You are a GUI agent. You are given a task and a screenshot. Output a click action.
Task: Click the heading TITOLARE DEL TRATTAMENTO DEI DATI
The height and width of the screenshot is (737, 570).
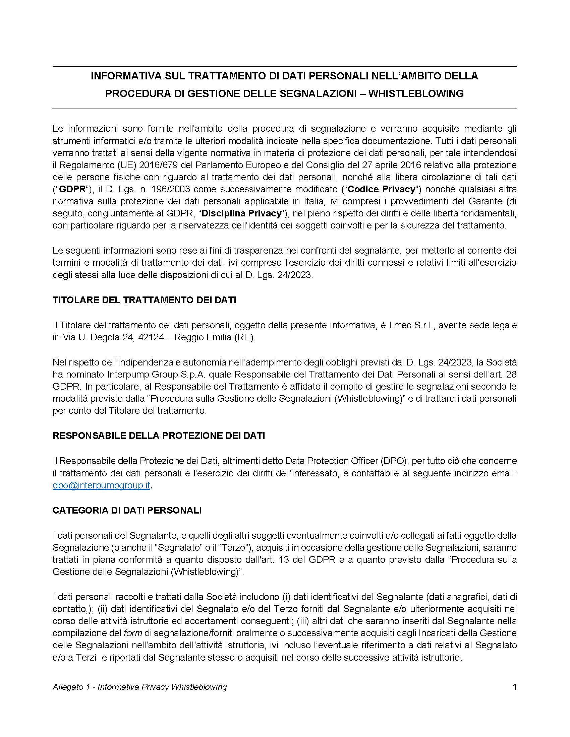(144, 300)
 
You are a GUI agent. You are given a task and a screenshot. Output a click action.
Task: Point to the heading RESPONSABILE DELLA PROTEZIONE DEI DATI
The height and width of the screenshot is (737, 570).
(159, 435)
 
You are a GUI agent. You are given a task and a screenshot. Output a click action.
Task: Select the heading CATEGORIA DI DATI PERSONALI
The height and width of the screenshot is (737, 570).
(127, 510)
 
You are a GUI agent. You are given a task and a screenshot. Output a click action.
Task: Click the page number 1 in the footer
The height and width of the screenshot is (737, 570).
(515, 687)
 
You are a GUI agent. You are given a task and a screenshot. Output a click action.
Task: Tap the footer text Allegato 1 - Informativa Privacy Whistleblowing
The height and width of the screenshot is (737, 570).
(139, 687)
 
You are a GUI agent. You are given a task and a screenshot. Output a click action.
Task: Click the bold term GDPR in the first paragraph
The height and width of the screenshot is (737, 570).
(73, 189)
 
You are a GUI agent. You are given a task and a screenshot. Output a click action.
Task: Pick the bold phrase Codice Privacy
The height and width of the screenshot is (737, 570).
(381, 189)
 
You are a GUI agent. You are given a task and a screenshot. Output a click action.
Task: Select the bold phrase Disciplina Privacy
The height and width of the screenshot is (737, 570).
(241, 214)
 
